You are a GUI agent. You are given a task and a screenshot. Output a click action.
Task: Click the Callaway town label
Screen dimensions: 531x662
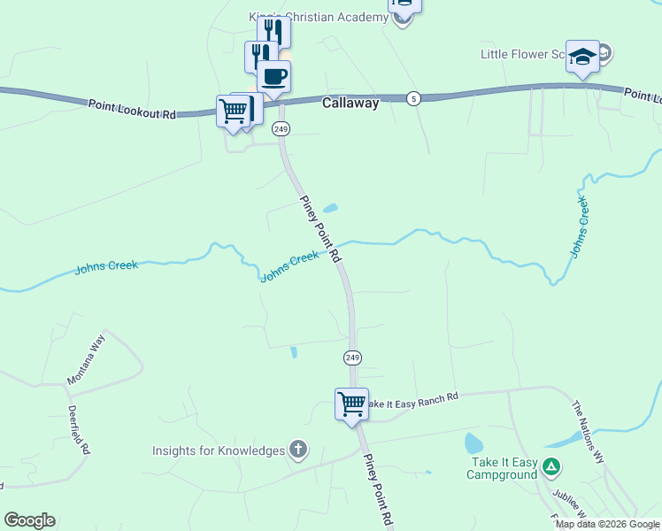tap(350, 103)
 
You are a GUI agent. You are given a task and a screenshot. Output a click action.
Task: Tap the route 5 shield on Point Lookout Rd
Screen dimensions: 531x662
tap(413, 97)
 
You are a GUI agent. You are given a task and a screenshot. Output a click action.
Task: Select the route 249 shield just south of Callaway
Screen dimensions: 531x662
tap(281, 129)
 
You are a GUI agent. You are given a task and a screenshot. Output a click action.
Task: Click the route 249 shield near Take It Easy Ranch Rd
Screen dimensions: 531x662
tap(352, 358)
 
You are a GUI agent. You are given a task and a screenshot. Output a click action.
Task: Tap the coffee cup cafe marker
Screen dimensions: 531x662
tap(274, 76)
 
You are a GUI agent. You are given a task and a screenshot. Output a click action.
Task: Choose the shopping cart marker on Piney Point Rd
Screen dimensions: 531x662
tap(352, 404)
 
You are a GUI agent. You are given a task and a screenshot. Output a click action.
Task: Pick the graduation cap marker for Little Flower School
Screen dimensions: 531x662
tap(582, 57)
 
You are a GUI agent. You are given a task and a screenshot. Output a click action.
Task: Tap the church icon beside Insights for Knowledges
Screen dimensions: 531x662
tap(298, 450)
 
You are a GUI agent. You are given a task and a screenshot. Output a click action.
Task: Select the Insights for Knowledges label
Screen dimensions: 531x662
tap(219, 450)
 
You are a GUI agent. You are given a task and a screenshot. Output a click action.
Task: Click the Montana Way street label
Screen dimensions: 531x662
tap(86, 358)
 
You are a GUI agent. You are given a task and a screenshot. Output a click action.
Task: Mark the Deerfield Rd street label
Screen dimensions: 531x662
tap(79, 430)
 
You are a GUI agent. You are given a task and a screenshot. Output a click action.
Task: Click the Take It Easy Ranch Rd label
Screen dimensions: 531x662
tap(412, 400)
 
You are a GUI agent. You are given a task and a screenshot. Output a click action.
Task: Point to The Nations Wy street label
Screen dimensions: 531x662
tap(587, 433)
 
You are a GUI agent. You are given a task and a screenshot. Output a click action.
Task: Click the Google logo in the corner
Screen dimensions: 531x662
tap(29, 520)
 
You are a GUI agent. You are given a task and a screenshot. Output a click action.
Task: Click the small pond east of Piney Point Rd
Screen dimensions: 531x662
tap(329, 210)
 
